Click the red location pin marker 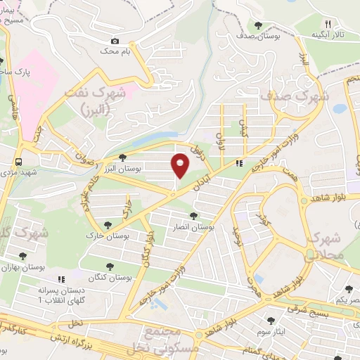[180, 165]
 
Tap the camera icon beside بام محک [115, 41]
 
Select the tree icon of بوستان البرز [124, 157]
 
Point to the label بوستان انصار [193, 228]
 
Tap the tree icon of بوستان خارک [107, 225]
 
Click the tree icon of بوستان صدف [259, 25]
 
